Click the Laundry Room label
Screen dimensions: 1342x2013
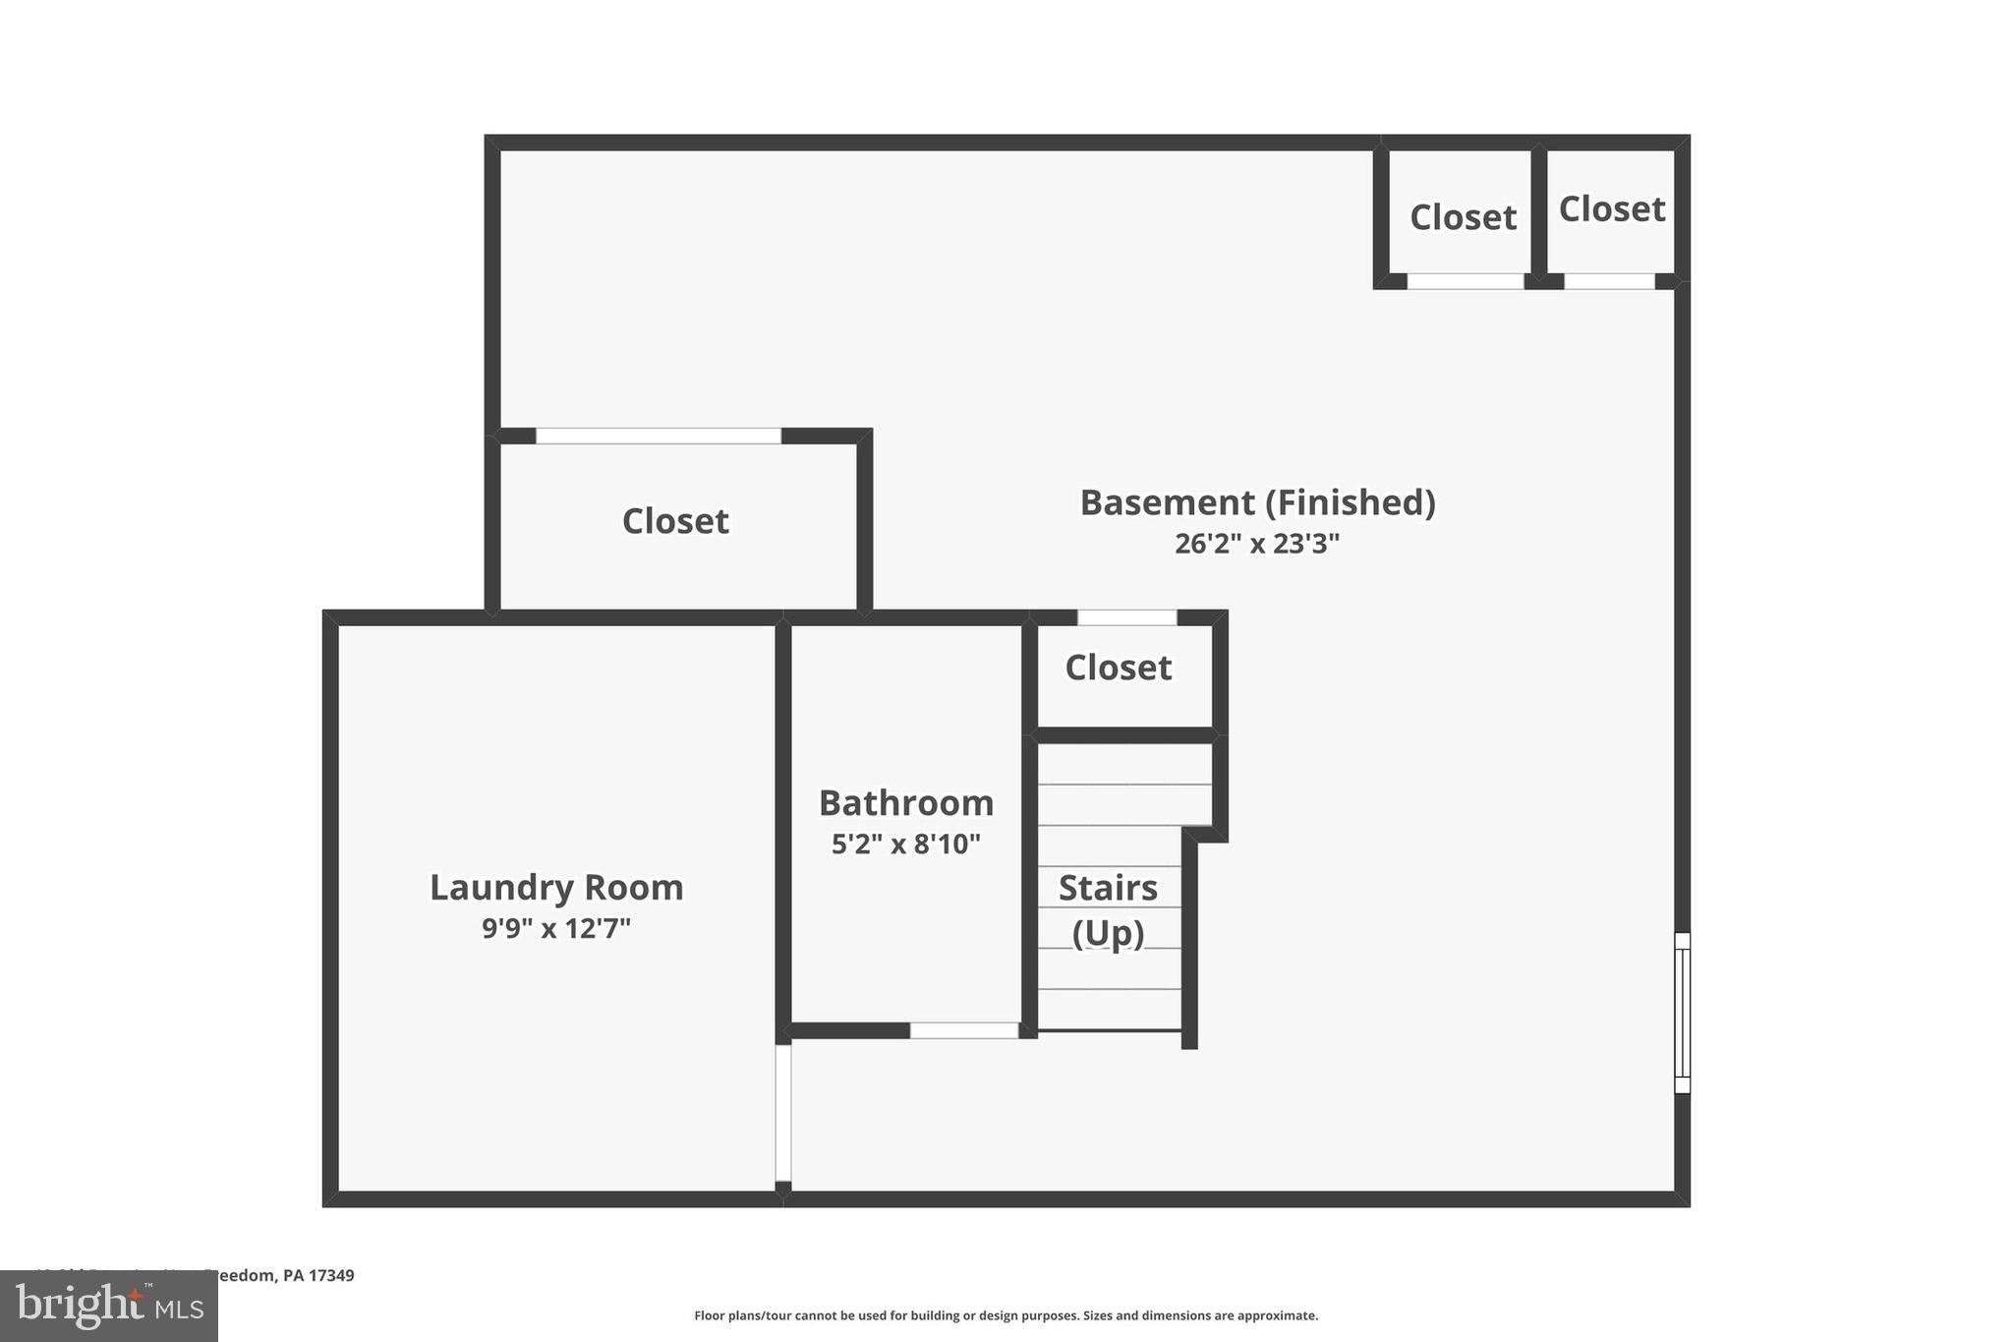pos(556,888)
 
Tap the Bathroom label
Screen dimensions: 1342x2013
pos(906,803)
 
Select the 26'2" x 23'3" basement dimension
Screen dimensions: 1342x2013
pos(1257,544)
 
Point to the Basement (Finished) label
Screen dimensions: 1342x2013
pos(1257,502)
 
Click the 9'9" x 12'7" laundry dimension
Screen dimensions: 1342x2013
pos(556,928)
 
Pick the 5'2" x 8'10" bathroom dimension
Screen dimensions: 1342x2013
pos(906,845)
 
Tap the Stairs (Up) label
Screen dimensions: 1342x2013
pos(1108,909)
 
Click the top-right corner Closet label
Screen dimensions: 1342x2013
pos(1612,209)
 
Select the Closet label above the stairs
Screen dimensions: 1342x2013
pos(1119,669)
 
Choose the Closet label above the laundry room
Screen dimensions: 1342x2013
pos(675,521)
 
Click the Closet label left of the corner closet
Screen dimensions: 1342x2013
pos(1463,217)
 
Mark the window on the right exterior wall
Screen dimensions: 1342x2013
pos(1682,1013)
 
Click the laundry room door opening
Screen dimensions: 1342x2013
pos(783,1112)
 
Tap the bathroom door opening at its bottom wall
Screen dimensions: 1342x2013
pos(963,1030)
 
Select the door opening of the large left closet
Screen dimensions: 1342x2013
pos(658,436)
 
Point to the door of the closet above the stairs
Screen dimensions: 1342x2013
pos(1126,617)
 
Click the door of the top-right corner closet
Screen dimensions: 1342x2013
pos(1609,281)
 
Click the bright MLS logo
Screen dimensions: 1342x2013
pos(109,1307)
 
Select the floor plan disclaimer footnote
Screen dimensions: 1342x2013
pos(1006,1315)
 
